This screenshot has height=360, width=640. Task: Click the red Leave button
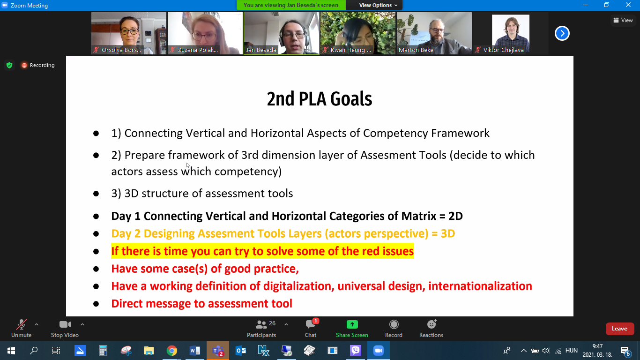620,329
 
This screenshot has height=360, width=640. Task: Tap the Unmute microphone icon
22,324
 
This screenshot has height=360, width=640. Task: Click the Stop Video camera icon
65,324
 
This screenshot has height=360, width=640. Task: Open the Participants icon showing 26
261,324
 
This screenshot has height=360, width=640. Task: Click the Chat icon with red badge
311,324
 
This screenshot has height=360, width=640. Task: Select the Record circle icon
394,324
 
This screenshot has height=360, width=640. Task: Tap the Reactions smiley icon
432,324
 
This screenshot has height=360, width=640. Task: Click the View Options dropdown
378,5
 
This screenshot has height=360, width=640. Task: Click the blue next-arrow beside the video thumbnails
562,33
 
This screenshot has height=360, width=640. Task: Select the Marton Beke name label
416,50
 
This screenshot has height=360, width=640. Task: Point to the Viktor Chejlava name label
504,50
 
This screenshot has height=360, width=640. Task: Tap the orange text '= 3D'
443,233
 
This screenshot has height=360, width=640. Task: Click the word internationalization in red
480,286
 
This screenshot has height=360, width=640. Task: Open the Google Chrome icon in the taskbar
172,351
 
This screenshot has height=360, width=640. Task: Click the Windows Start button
11,351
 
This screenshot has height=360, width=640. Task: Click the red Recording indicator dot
24,66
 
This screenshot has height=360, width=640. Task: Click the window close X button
628,5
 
